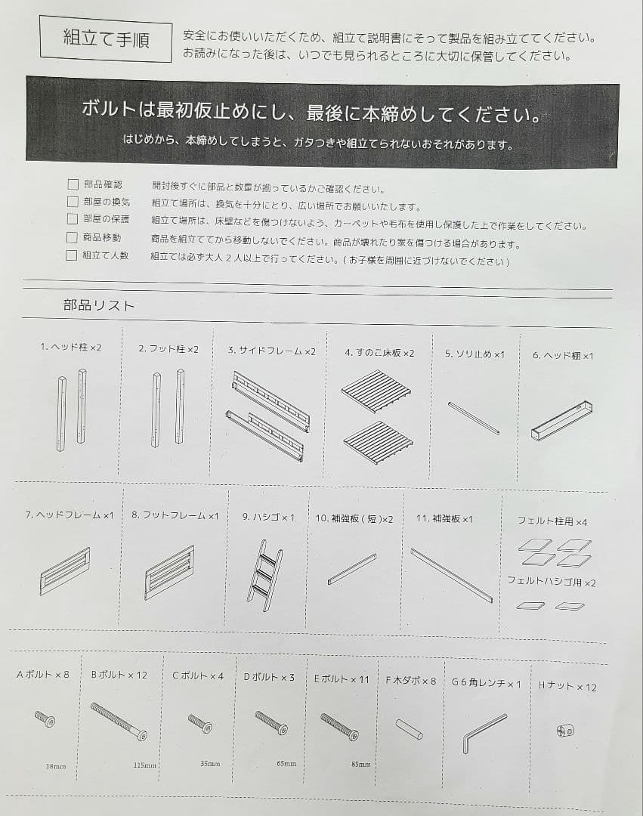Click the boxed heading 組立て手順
coord(106,39)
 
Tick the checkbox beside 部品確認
coord(73,184)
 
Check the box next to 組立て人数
coord(72,255)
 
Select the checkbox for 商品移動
coord(73,238)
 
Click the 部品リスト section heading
coord(99,305)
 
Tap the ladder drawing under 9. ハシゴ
coord(264,570)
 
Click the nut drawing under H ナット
coord(564,730)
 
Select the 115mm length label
coord(145,765)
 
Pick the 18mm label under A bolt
coord(55,766)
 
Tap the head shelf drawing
coord(561,422)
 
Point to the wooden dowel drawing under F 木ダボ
coord(409,728)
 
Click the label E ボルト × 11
coord(342,678)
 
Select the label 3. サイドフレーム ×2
coord(271,351)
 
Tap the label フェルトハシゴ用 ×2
coord(551,583)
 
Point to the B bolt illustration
coord(119,721)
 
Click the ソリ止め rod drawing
coord(473,418)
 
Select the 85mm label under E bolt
coord(360,764)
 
